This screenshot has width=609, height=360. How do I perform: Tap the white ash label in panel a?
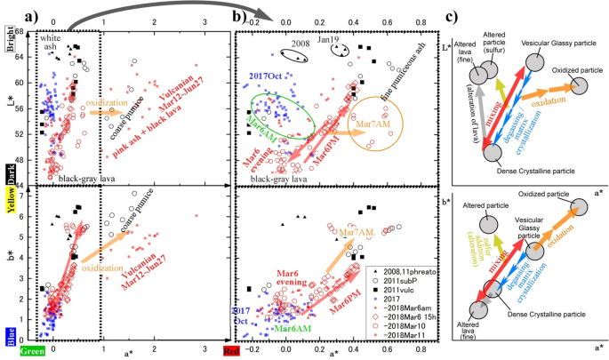[53, 44]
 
